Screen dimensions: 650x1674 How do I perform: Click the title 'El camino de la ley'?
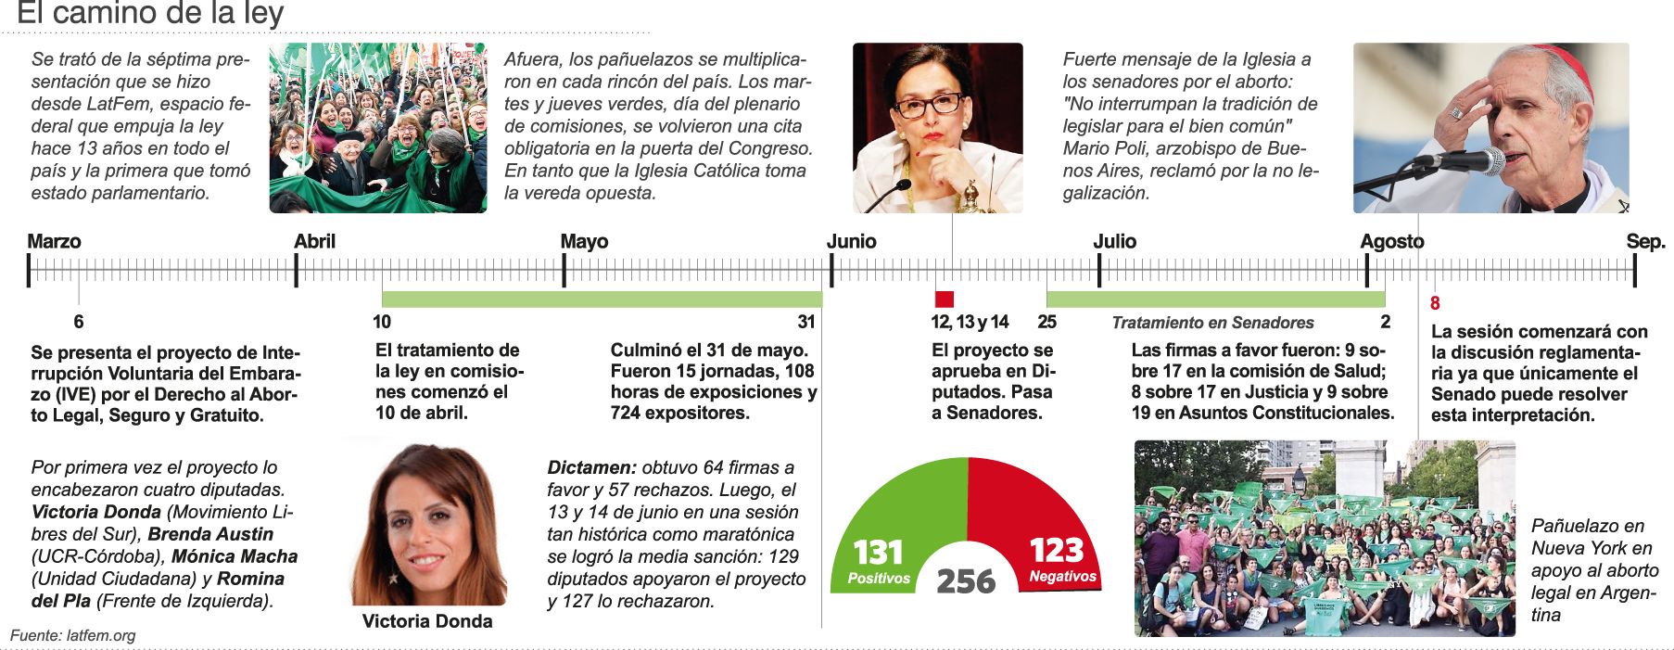pyautogui.click(x=150, y=14)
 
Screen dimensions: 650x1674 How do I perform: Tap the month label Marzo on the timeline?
pyautogui.click(x=54, y=242)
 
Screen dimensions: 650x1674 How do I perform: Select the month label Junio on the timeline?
pyautogui.click(x=851, y=242)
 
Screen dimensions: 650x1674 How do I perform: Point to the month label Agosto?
pyautogui.click(x=1391, y=242)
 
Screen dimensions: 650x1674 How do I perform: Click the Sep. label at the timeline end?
pyautogui.click(x=1645, y=242)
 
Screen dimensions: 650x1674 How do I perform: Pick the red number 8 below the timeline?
pyautogui.click(x=1435, y=303)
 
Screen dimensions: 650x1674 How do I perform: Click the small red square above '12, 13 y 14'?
pyautogui.click(x=944, y=299)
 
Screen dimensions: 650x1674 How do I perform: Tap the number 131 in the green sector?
pyautogui.click(x=877, y=554)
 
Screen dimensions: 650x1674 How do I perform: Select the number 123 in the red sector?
pyautogui.click(x=1057, y=551)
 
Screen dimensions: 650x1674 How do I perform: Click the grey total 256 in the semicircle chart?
pyautogui.click(x=966, y=581)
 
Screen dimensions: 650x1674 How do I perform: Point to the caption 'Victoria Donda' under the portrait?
pyautogui.click(x=426, y=621)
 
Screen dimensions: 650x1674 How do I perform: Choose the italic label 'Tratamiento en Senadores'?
pyautogui.click(x=1212, y=323)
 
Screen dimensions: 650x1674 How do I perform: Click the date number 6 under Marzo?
pyautogui.click(x=79, y=322)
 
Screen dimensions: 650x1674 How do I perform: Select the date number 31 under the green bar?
pyautogui.click(x=806, y=322)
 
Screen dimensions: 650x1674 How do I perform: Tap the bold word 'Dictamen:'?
pyautogui.click(x=591, y=468)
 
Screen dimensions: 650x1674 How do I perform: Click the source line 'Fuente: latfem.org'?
pyautogui.click(x=73, y=636)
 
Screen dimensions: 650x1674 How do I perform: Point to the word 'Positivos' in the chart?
pyautogui.click(x=879, y=579)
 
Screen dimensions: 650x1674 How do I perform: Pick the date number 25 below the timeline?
pyautogui.click(x=1046, y=322)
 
